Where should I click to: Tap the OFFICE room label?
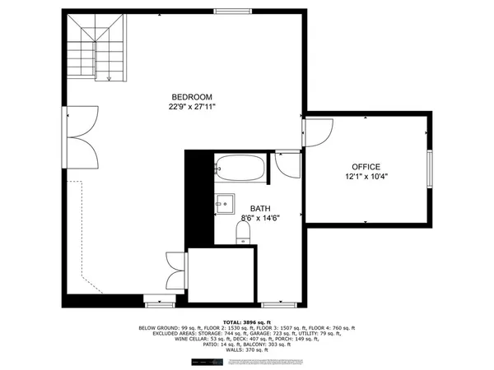(x=366, y=166)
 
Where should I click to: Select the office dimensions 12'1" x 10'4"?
(x=366, y=177)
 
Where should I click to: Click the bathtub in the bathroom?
(x=240, y=169)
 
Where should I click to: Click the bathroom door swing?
(x=287, y=164)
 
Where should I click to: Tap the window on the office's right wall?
(x=428, y=169)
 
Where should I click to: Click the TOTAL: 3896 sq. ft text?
(x=246, y=321)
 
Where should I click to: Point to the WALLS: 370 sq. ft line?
(x=246, y=350)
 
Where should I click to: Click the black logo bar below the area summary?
(x=206, y=362)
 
